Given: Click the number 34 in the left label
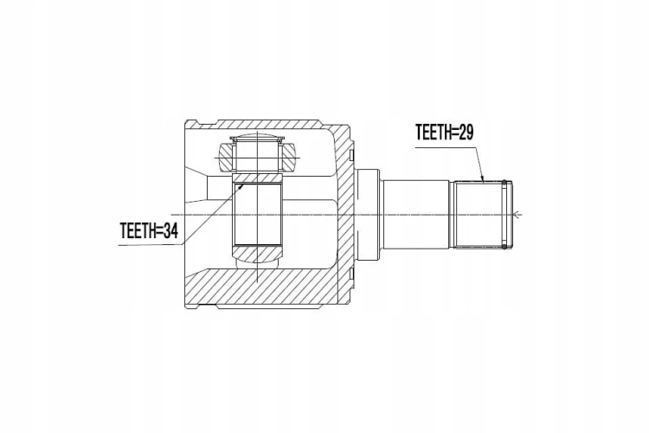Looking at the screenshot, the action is point(170,231).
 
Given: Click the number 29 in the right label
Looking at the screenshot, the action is point(466,132).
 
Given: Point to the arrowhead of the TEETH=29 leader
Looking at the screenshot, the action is point(483,179).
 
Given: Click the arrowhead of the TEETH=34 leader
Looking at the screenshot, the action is point(241,187).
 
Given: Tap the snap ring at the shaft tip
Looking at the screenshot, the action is point(504,214).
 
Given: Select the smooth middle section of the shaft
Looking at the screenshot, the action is point(415,214).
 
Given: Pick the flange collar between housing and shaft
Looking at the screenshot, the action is point(368,214).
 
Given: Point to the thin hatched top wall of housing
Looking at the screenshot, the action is point(269,124).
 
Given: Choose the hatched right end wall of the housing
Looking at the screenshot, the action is point(344,214).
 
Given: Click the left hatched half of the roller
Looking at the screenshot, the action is point(227,157).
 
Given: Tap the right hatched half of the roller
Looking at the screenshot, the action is point(288,157).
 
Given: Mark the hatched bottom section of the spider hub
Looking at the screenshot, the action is point(258,253).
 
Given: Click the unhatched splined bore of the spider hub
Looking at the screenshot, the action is point(258,214).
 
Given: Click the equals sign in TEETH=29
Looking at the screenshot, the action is point(454,132).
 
